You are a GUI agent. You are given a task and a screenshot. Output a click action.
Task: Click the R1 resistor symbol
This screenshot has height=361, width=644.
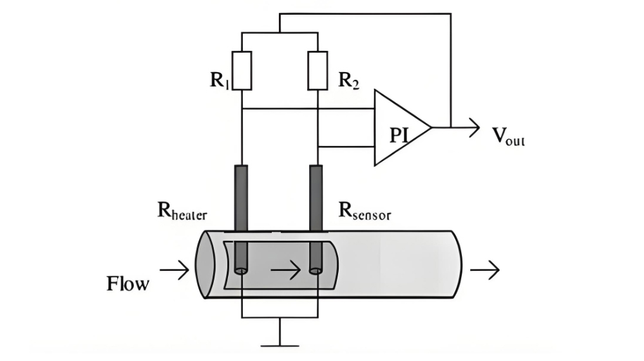(x=241, y=69)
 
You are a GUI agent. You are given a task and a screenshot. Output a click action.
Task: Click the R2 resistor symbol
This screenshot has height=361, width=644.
(x=317, y=69)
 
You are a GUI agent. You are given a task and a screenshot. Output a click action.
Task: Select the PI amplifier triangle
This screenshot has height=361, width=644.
(x=399, y=128)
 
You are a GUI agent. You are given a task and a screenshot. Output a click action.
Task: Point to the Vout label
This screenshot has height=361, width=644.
(x=508, y=136)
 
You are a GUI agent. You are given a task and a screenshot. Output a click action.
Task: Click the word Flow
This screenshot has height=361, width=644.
(x=127, y=283)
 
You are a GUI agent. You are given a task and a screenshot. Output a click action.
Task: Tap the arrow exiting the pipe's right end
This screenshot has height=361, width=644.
(x=484, y=270)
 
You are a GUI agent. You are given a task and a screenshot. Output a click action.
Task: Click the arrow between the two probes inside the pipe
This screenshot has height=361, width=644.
(x=285, y=270)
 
